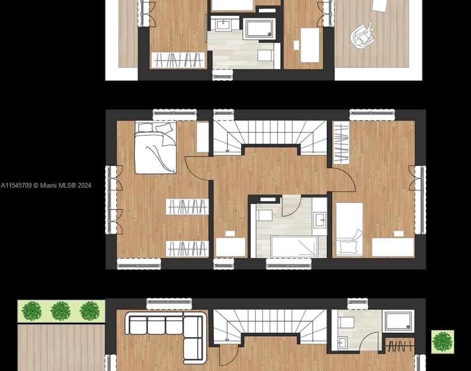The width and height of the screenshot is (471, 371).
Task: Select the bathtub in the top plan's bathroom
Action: click(x=259, y=29)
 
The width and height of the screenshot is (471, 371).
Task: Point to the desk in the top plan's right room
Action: click(x=310, y=45)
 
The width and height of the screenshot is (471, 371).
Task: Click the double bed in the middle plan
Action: click(x=155, y=147)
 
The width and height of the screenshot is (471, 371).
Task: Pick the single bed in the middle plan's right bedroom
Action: click(x=349, y=229)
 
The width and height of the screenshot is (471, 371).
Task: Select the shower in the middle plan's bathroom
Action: click(x=294, y=246)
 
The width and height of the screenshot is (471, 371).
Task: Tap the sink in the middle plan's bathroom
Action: click(x=320, y=220)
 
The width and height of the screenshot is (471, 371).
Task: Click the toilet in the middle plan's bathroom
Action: click(x=264, y=215)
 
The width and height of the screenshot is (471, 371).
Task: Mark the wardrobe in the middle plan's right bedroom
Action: click(x=341, y=142)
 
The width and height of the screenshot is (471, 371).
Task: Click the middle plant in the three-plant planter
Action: click(x=61, y=311)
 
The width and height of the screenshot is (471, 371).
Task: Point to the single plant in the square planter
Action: click(x=443, y=342)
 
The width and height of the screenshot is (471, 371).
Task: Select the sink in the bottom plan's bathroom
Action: click(x=342, y=343)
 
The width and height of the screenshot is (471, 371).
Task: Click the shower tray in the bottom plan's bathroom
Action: click(x=398, y=321)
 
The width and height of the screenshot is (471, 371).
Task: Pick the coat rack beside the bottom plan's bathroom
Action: click(x=400, y=346)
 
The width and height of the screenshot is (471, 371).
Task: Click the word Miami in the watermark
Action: click(x=48, y=185)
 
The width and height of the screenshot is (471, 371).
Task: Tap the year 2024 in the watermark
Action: click(x=84, y=185)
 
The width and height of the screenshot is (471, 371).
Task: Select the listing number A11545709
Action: click(x=16, y=185)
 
